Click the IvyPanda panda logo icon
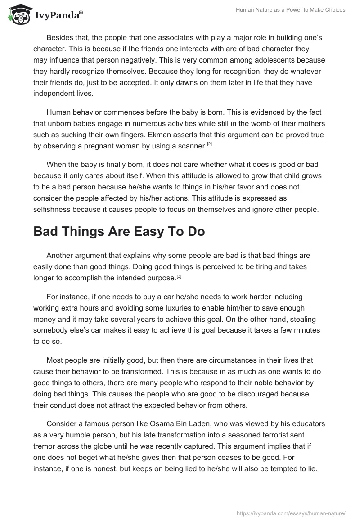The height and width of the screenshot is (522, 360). coord(18,15)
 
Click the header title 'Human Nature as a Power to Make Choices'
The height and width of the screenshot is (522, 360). coord(291,10)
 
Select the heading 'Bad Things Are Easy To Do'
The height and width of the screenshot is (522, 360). coord(119,232)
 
